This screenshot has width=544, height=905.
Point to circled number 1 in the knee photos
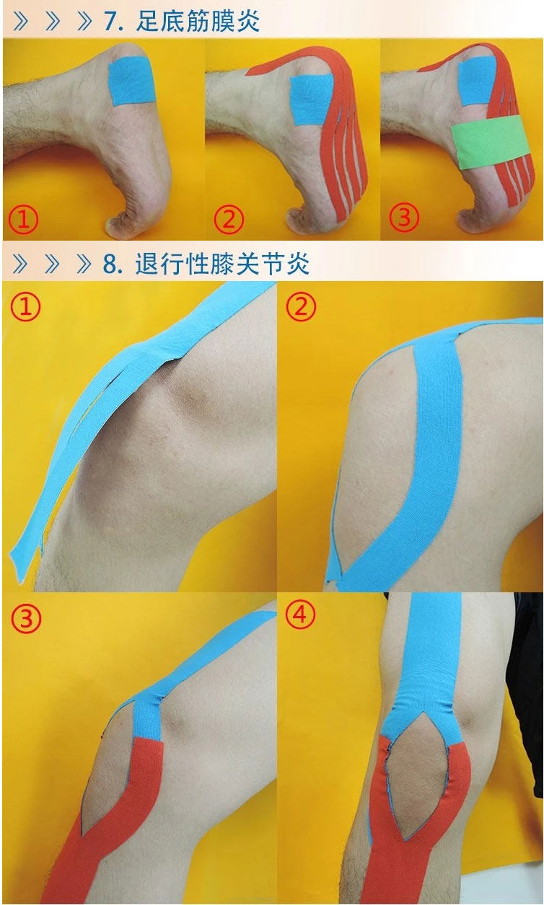(x=25, y=308)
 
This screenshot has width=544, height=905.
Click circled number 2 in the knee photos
(x=301, y=308)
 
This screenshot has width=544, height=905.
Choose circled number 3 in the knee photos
(x=26, y=617)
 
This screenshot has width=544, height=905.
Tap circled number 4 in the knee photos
(x=301, y=615)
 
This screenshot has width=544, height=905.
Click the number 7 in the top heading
(x=111, y=20)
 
